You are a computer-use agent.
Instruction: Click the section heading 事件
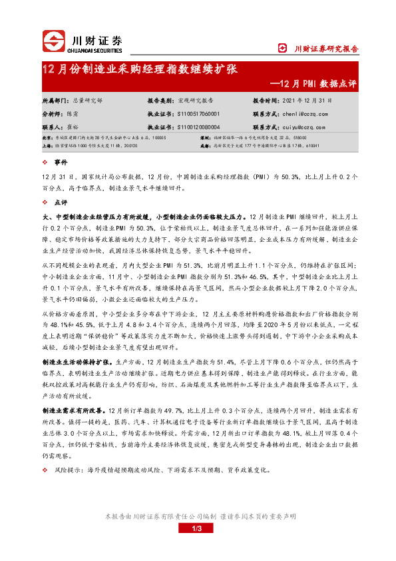click(61, 163)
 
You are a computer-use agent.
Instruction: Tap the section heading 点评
click(61, 202)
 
